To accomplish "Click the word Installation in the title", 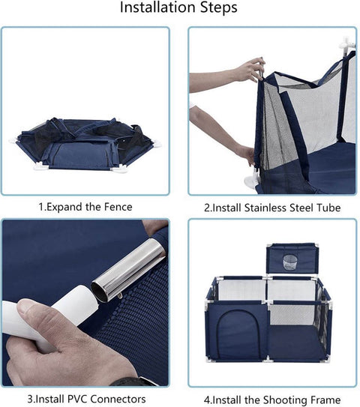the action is (x=158, y=7).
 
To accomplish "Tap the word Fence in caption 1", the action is (x=118, y=207).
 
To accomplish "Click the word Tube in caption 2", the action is (x=328, y=208).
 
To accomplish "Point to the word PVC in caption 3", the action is (x=77, y=399).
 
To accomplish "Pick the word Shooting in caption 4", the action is (x=283, y=400).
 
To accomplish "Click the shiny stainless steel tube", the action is (x=128, y=270).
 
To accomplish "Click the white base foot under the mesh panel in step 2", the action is (x=251, y=180).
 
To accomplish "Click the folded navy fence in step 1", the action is (x=85, y=144).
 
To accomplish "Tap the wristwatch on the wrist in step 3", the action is (x=135, y=381).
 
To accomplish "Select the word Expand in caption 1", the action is (x=64, y=208).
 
